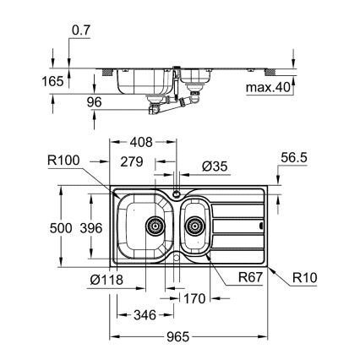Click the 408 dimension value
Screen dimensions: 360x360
tap(144, 143)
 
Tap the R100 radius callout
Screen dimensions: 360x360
tap(63, 157)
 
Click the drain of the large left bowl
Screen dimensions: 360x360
tap(155, 226)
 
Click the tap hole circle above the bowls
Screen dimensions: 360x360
tap(175, 194)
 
